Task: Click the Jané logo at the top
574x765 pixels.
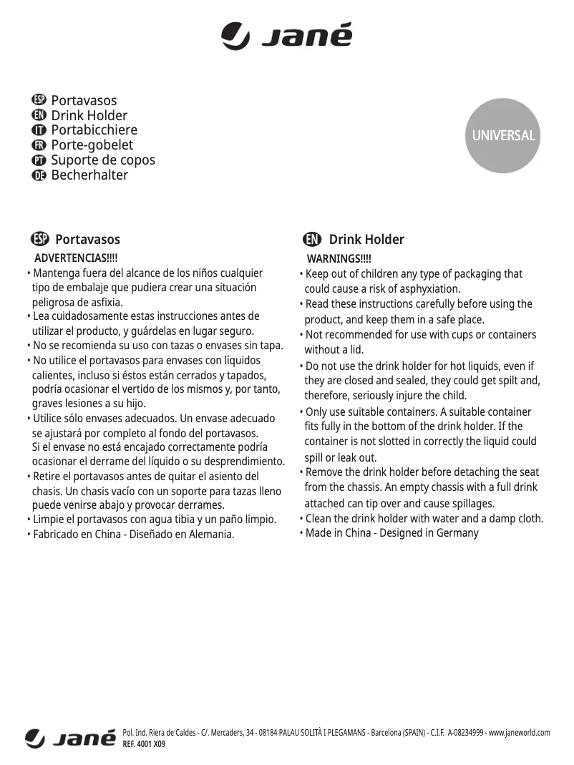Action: pos(286,36)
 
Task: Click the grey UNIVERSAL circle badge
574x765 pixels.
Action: pos(502,135)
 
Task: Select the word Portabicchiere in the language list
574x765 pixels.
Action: pos(94,130)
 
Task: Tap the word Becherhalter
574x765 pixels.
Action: pos(89,175)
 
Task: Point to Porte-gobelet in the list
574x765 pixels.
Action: pos(92,145)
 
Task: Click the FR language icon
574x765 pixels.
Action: pos(39,145)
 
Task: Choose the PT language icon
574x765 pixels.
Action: pos(39,160)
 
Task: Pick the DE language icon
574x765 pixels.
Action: pos(39,175)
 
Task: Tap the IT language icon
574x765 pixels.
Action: pos(39,130)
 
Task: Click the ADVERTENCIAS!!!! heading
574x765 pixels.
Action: pos(76,258)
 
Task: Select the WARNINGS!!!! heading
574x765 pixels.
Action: pos(339,258)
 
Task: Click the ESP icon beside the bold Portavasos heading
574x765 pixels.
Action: pos(40,239)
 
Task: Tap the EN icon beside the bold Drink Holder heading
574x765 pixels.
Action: pos(311,239)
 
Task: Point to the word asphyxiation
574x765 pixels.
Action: pos(427,289)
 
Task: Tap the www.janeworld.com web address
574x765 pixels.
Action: pos(519,733)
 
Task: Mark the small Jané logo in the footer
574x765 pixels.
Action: pos(70,738)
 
